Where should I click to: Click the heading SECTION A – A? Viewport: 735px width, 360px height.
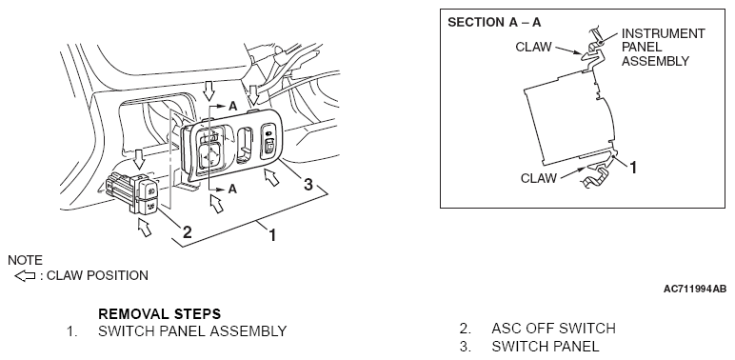494,23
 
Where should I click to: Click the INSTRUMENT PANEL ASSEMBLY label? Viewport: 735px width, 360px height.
663,48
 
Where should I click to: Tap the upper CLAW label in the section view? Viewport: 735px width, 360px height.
533,48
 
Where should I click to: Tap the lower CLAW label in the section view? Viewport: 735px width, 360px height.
539,178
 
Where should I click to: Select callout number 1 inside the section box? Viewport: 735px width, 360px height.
633,168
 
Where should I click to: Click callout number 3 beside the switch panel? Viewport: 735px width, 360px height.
308,184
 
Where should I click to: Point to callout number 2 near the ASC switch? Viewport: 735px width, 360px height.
187,231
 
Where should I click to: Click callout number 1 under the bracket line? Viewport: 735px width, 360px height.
272,235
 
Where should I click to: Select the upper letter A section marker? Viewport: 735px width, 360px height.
233,107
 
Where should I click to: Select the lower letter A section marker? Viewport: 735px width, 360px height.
232,189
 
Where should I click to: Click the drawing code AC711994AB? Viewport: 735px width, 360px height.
695,289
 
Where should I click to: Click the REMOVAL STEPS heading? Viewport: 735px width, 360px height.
159,313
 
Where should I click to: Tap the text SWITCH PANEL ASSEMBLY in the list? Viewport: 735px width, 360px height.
192,330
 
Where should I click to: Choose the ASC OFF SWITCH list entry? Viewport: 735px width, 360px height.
553,329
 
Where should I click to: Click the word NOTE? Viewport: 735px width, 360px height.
25,260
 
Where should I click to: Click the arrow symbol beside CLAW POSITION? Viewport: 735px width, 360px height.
25,275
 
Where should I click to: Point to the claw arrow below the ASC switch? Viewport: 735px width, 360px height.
145,228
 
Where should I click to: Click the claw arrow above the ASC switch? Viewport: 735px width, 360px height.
138,159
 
